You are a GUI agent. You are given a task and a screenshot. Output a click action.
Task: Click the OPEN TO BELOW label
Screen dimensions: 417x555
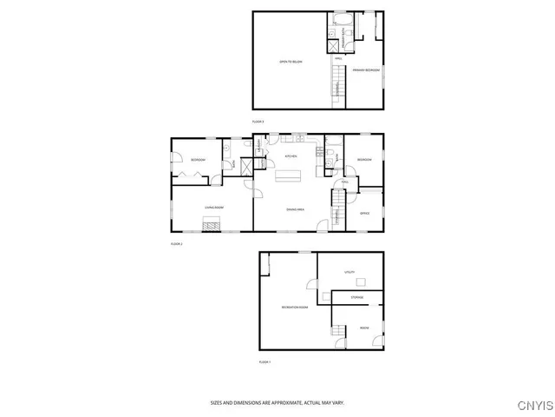tap(291, 62)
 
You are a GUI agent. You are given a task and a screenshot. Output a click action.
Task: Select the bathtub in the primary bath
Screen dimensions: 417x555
tap(337, 18)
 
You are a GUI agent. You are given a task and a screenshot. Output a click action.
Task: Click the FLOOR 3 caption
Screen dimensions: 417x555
tap(258, 122)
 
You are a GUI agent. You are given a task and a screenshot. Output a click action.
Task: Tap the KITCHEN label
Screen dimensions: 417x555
tap(291, 156)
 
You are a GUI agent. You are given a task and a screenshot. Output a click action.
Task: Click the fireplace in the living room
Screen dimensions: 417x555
tap(212, 224)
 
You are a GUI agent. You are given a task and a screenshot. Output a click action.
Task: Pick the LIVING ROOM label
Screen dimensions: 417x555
tap(214, 208)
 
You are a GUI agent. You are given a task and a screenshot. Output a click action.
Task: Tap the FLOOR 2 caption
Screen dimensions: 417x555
tap(176, 244)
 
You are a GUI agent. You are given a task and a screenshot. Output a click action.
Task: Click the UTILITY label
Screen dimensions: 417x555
tap(350, 272)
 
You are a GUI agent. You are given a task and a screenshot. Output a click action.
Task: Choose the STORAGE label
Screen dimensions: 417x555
tap(357, 298)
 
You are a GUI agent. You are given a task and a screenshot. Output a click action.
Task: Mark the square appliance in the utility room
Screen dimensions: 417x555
tap(364, 281)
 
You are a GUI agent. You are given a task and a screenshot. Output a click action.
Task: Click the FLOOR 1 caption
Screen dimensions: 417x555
tap(264, 361)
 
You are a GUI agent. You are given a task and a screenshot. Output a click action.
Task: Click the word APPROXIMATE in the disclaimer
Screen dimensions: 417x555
tap(283, 402)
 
